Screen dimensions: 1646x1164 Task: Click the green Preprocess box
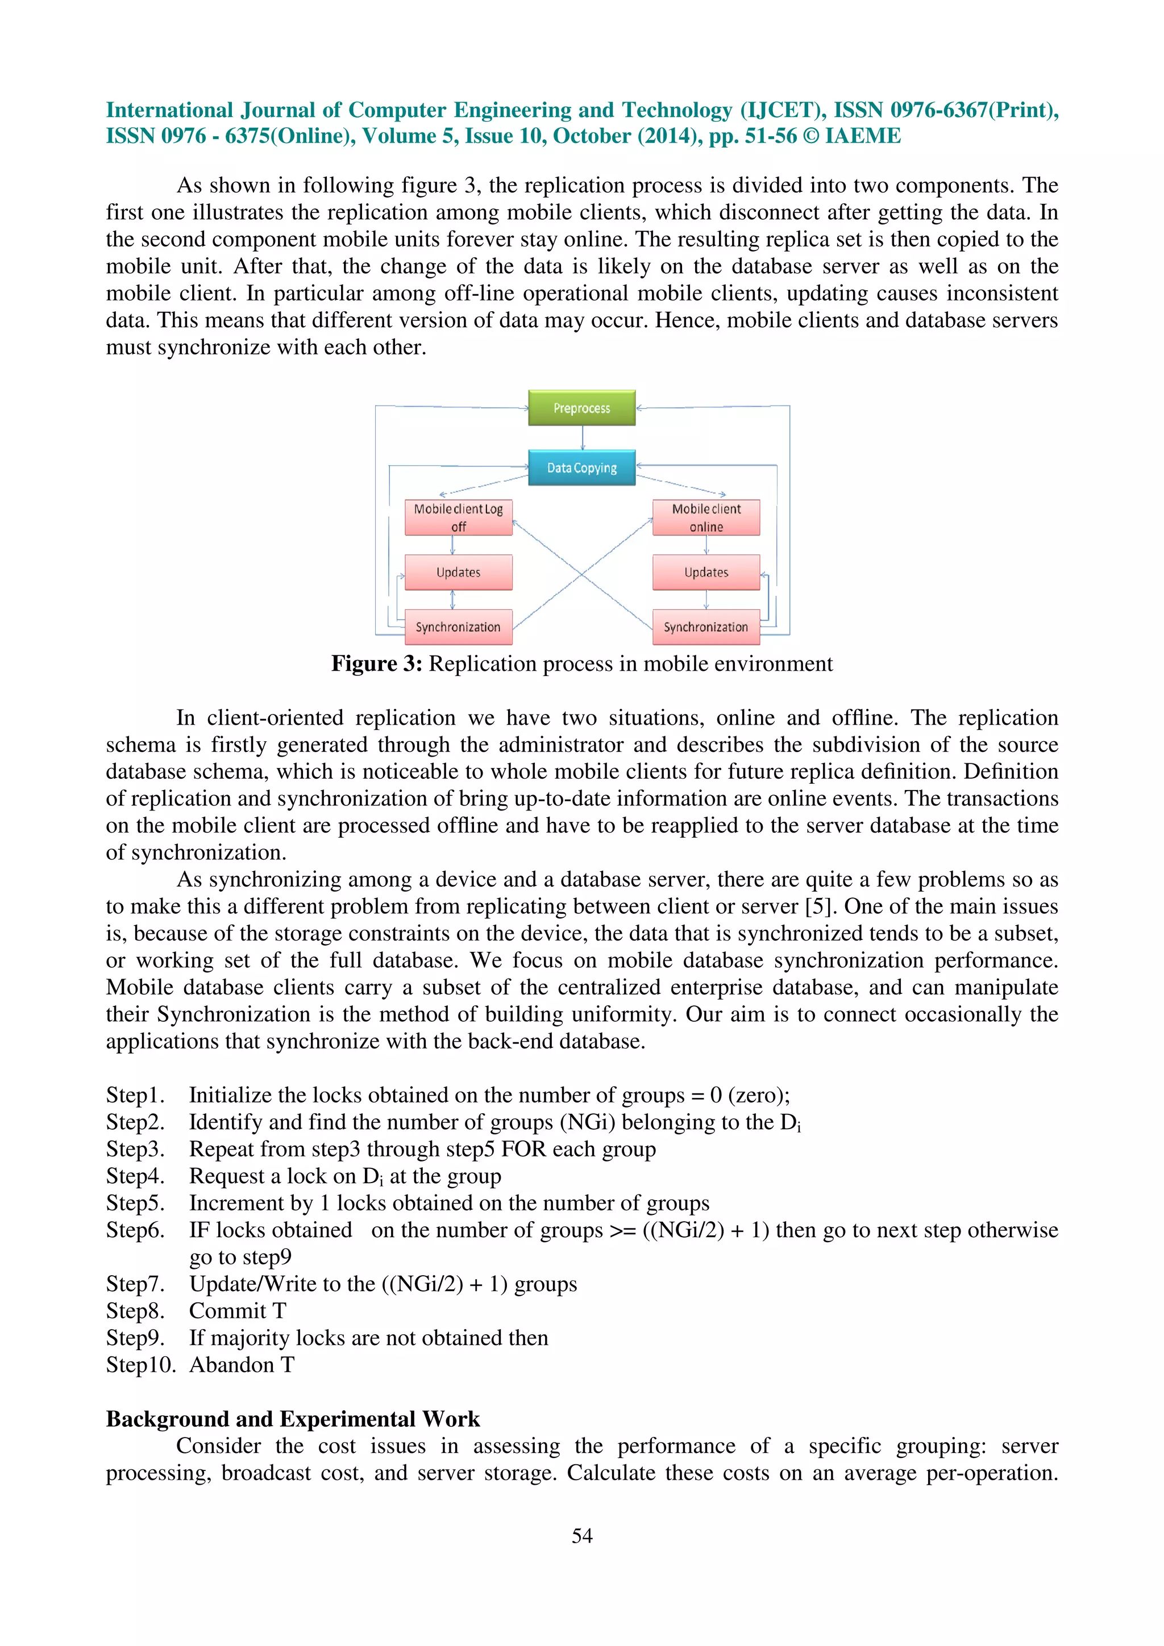pyautogui.click(x=581, y=408)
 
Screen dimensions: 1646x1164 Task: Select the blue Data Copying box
pyautogui.click(x=581, y=467)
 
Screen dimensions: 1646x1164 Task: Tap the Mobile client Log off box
pyautogui.click(x=458, y=517)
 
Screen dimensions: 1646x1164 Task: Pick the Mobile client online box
pyautogui.click(x=706, y=517)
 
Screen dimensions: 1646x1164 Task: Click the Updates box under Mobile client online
pyautogui.click(x=706, y=572)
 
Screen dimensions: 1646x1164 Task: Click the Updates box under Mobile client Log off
pyautogui.click(x=458, y=572)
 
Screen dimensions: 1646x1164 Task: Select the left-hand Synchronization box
pyautogui.click(x=458, y=627)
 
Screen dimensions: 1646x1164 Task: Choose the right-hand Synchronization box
pyautogui.click(x=706, y=627)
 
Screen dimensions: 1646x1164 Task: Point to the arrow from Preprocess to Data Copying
pyautogui.click(x=583, y=438)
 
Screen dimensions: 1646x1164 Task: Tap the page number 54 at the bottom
pyautogui.click(x=581, y=1536)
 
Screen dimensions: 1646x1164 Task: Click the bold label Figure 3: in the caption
pyautogui.click(x=376, y=664)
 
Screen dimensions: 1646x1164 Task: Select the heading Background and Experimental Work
pyautogui.click(x=293, y=1419)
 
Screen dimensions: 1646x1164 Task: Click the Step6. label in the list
pyautogui.click(x=135, y=1230)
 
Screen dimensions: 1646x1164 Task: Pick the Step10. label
pyautogui.click(x=140, y=1365)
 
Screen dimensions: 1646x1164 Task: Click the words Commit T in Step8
pyautogui.click(x=238, y=1311)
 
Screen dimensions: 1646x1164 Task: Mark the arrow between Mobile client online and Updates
pyautogui.click(x=706, y=545)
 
